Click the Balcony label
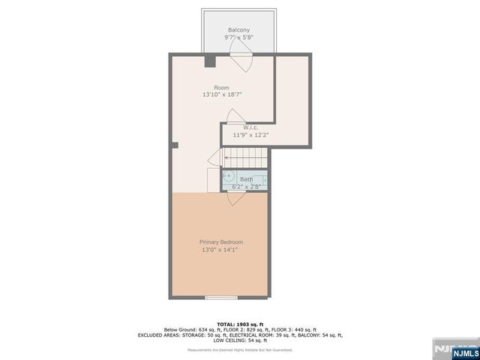[239, 29]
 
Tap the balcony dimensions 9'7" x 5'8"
[239, 37]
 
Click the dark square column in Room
[210, 61]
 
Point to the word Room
[221, 87]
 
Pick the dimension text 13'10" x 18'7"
[221, 95]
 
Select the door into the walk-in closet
[236, 117]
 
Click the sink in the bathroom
[227, 179]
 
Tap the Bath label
[246, 178]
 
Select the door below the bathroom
[233, 197]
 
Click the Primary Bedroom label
[221, 241]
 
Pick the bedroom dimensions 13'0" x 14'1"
[221, 250]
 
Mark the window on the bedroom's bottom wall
[220, 298]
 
